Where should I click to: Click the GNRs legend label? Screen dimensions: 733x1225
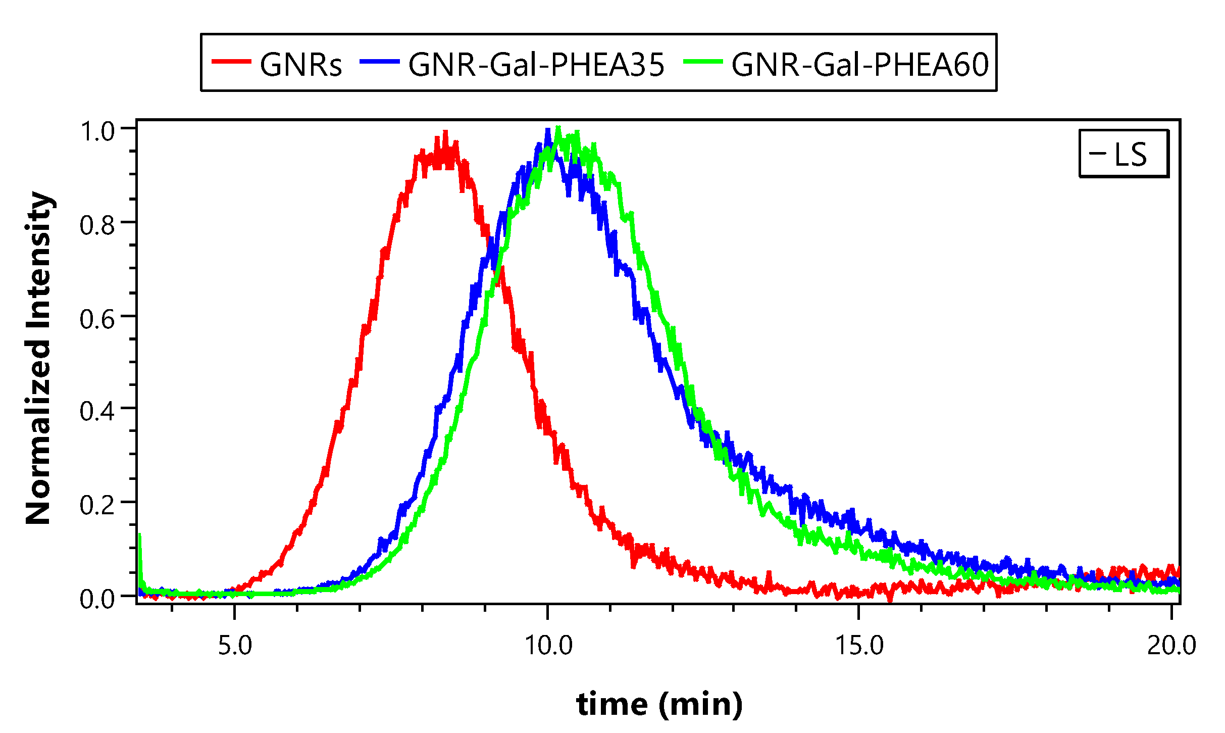[301, 65]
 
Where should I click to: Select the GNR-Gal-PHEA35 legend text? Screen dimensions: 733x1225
[536, 65]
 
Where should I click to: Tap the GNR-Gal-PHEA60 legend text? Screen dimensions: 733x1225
[860, 65]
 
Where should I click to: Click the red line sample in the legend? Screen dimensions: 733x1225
[231, 62]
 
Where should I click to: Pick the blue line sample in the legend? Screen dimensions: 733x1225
[379, 62]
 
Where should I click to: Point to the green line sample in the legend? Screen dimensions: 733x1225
[703, 62]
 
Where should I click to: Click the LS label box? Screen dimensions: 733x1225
[1124, 154]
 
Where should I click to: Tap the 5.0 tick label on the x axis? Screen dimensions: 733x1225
[235, 646]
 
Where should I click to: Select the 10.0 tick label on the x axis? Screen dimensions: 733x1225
[548, 646]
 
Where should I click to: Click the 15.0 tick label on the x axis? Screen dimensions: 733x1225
[859, 646]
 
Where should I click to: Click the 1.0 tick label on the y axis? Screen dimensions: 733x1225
[97, 131]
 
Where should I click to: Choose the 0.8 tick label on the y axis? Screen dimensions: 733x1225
[97, 225]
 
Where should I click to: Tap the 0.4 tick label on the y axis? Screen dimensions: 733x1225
[97, 411]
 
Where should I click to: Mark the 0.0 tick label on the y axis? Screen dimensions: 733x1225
[97, 599]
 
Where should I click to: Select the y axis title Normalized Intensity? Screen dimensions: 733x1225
[39, 358]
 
